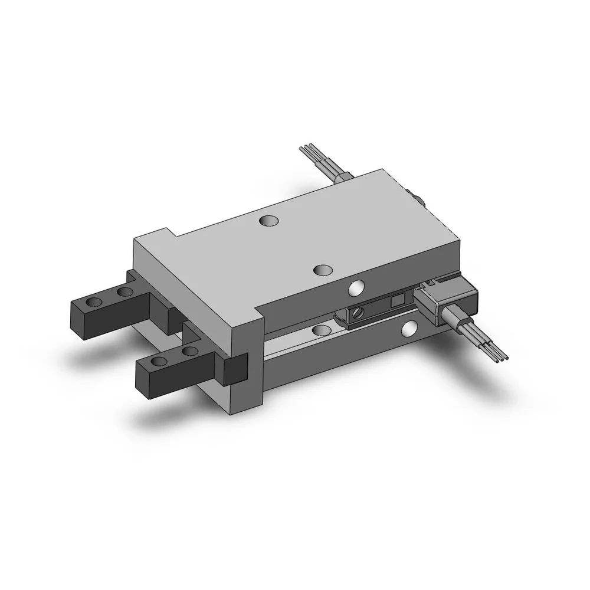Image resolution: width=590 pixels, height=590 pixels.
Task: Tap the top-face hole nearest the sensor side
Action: click(x=322, y=270)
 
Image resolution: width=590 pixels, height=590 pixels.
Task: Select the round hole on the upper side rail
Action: click(x=356, y=288)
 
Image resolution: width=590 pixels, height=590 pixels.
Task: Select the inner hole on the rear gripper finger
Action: click(x=124, y=291)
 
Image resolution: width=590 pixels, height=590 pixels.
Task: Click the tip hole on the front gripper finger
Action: click(x=159, y=362)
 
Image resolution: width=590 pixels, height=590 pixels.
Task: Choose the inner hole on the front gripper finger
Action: click(x=189, y=352)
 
